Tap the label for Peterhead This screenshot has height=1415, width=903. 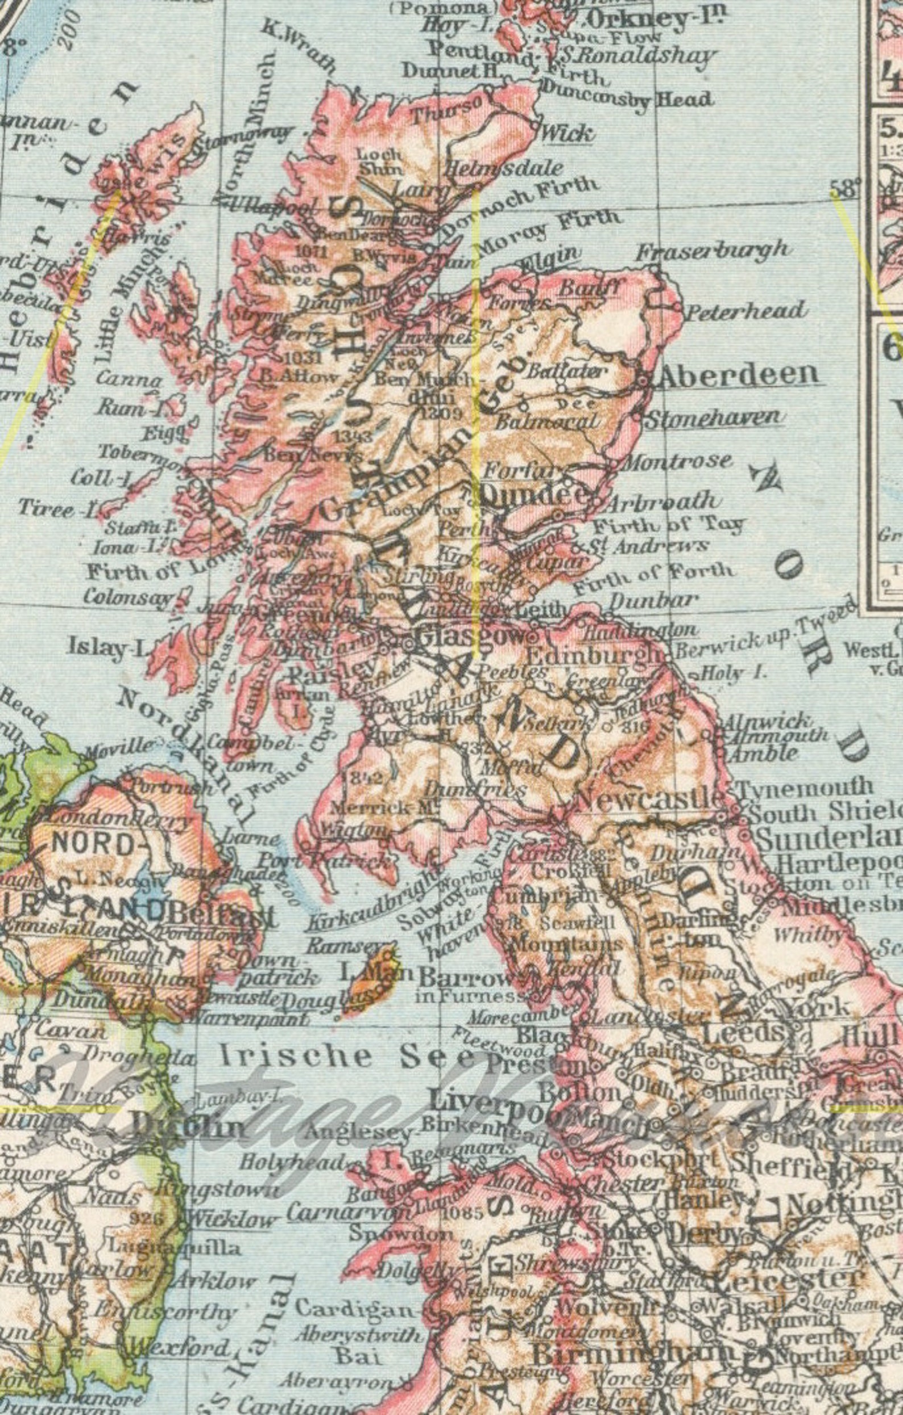746,311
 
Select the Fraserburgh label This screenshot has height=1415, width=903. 712,251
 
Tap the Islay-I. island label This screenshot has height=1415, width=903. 106,648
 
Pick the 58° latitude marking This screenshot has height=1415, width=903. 844,189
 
